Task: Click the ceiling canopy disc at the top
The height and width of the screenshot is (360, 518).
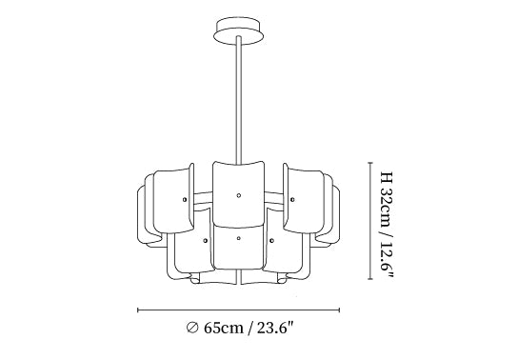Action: pos(238,30)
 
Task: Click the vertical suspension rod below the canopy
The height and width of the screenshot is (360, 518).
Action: pos(238,100)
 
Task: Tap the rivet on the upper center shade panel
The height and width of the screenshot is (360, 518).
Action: pos(238,195)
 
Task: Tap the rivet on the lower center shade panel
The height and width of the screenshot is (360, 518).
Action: pos(238,238)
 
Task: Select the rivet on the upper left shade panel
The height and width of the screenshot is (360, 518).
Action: pos(185,199)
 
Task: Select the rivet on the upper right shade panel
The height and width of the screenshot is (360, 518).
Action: pos(292,199)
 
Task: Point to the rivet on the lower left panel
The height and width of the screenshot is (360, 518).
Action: pos(205,241)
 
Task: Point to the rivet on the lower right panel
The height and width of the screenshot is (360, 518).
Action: pos(271,241)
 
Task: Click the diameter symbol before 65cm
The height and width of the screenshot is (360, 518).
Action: pos(192,328)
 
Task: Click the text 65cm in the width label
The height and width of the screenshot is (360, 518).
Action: pos(224,328)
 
